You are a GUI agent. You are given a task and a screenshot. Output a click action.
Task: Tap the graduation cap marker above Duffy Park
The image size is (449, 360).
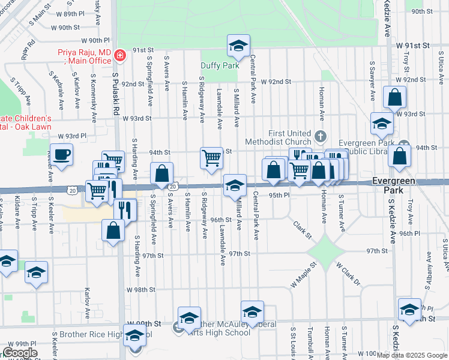point(238,46)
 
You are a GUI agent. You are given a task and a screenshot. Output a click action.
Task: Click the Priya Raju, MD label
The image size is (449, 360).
point(85,56)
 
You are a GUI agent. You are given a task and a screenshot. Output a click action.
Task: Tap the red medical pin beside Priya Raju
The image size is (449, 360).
point(120,56)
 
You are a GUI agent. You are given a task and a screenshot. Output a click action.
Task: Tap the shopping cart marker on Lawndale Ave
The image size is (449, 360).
point(211,158)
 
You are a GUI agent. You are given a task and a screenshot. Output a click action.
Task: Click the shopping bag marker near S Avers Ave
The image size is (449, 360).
point(162,174)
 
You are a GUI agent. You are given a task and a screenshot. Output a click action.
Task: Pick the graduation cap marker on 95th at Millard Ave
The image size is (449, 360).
point(235,185)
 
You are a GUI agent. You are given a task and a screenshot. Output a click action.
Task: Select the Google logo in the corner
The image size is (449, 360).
point(20,353)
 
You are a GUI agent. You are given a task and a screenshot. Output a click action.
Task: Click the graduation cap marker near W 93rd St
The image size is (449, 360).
point(381,124)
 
